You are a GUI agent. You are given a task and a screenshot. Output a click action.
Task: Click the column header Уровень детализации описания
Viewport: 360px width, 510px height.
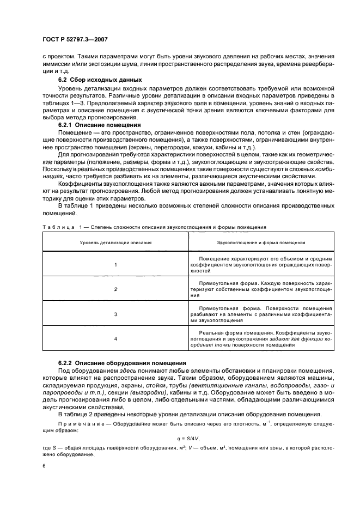[x=115, y=242]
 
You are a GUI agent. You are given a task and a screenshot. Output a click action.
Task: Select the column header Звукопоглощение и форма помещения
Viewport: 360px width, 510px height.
[x=261, y=242]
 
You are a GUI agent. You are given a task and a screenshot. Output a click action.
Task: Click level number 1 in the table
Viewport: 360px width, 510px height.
[x=115, y=264]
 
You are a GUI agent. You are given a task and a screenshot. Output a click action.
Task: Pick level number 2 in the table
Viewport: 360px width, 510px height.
[x=115, y=289]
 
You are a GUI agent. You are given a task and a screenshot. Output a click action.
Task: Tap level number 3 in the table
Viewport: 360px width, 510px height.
[x=115, y=314]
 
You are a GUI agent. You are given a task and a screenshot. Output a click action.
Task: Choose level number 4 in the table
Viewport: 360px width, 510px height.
[x=115, y=339]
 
